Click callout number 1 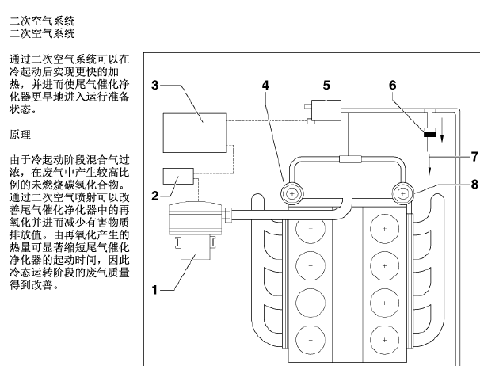tap(155, 290)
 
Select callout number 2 tap(155, 196)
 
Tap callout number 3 tap(155, 85)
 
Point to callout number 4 tap(265, 85)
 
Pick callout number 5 tap(326, 85)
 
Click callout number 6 tap(392, 85)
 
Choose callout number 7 tap(474, 157)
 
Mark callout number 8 tap(474, 185)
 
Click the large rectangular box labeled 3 tap(195, 132)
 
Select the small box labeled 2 tap(178, 176)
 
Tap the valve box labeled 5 tap(326, 110)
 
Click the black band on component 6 tap(430, 134)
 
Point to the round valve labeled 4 tap(292, 193)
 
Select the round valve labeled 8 tap(403, 193)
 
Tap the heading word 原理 tap(21, 135)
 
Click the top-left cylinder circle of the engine tap(310, 229)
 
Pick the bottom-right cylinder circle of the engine tap(385, 340)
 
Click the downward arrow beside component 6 tap(442, 130)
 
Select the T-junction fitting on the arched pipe tap(351, 159)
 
